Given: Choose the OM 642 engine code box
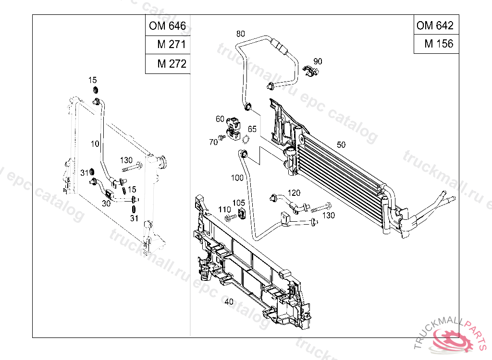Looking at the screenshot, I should tap(435, 25).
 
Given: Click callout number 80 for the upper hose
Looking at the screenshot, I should tap(241, 34).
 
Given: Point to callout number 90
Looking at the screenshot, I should tap(318, 61).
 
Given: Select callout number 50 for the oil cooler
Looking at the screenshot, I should tap(341, 144).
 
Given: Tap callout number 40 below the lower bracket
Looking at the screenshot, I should tap(229, 302).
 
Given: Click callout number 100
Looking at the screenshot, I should tap(237, 178).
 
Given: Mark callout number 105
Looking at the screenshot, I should tap(239, 203).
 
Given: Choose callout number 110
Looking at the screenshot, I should tap(224, 209).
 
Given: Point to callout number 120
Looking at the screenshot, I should tap(294, 193).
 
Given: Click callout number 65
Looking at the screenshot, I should tap(252, 129).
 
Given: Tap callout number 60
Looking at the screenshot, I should tap(220, 119).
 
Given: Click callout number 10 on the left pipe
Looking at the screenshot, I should tap(94, 143).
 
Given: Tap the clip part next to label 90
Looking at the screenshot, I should tap(311, 72).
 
